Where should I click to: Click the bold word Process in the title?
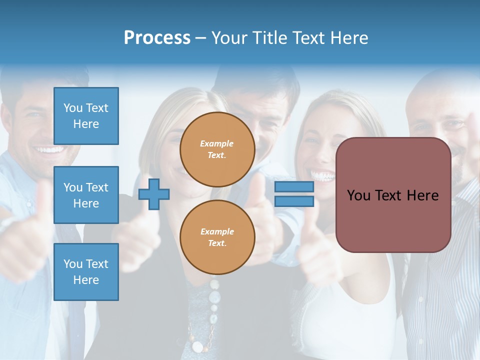pos(157,38)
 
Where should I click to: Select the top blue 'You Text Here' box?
pos(86,116)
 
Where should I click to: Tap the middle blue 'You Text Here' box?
pos(86,195)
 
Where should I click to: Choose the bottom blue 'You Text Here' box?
pos(86,272)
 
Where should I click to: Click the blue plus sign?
pos(154,193)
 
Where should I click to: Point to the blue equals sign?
pos(294,194)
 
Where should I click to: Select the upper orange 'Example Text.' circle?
pos(217,149)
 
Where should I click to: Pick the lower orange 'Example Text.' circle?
pos(217,237)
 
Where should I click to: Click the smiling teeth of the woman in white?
pos(322,175)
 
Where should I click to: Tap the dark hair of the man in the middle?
pos(260,80)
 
